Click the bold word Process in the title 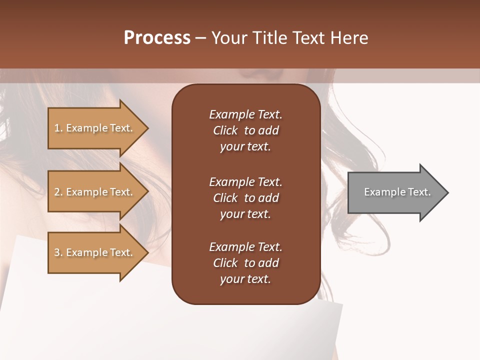[x=157, y=38]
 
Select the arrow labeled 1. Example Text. [x=95, y=128]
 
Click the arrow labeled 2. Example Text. [x=95, y=192]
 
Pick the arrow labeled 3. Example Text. [x=95, y=252]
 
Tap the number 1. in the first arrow [x=58, y=128]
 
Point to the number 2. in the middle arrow [x=58, y=192]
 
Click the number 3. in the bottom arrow [x=58, y=252]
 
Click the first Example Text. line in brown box [x=245, y=114]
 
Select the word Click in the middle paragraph [x=225, y=198]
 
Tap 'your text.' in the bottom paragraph [x=245, y=279]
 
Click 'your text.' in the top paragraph [x=245, y=146]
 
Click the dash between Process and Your [x=200, y=38]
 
